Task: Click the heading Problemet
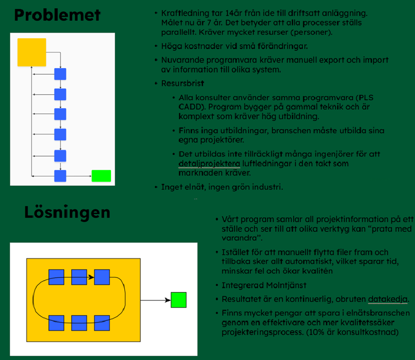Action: pyautogui.click(x=57, y=15)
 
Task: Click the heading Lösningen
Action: pyautogui.click(x=67, y=212)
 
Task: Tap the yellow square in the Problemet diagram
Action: pyautogui.click(x=32, y=52)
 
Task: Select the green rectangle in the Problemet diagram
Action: pyautogui.click(x=101, y=176)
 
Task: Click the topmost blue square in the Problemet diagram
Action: pyautogui.click(x=60, y=74)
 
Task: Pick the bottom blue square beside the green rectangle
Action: pyautogui.click(x=60, y=176)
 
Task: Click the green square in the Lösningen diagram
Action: pyautogui.click(x=179, y=300)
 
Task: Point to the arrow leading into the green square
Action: pyautogui.click(x=156, y=300)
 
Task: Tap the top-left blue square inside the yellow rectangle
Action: pyautogui.click(x=56, y=277)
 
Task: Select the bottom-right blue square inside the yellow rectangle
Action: pyautogui.click(x=102, y=323)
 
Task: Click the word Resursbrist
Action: pyautogui.click(x=183, y=83)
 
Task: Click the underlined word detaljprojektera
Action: pyautogui.click(x=210, y=164)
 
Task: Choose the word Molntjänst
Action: pyautogui.click(x=286, y=285)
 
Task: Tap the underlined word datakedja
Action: pyautogui.click(x=388, y=299)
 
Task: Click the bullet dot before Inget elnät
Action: pyautogui.click(x=156, y=187)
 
